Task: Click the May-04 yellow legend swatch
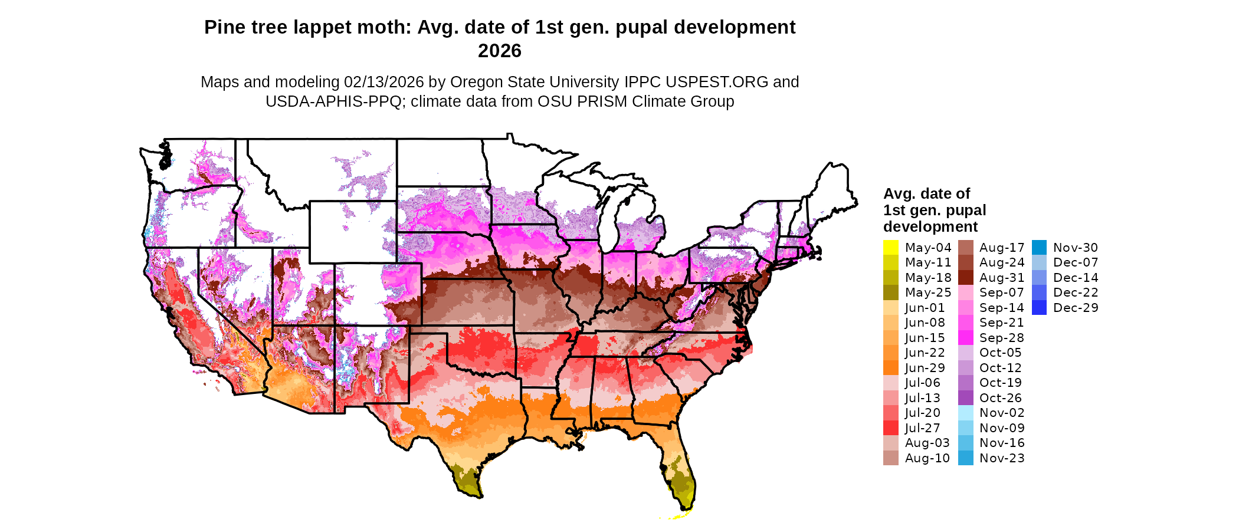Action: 891,248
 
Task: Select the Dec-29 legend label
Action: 1076,308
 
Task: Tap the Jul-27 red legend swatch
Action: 891,428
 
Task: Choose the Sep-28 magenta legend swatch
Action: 966,338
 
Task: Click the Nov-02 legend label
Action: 1002,413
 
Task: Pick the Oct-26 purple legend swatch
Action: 966,398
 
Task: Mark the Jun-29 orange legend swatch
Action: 891,368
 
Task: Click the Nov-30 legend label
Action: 1076,248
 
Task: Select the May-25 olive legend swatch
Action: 891,292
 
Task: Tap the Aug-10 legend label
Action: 927,458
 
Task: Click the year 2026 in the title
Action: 500,51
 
